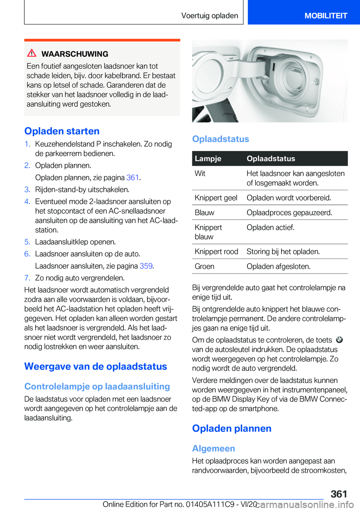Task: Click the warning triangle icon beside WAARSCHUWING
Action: point(32,53)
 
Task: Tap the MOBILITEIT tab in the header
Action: point(325,15)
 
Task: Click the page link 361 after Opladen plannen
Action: point(133,177)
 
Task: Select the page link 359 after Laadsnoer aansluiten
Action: point(146,266)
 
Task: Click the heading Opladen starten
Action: point(62,131)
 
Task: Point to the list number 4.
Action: point(27,201)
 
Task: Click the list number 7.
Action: point(27,278)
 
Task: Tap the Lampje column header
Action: point(208,158)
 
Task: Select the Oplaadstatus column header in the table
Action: point(271,158)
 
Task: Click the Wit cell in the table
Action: point(200,173)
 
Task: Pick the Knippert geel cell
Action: point(216,198)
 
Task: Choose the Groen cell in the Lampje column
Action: point(205,266)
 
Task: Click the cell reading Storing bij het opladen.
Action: point(283,251)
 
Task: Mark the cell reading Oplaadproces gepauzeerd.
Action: point(289,212)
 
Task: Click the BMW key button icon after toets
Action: point(339,340)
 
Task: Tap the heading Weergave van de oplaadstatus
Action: point(96,366)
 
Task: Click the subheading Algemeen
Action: point(213,448)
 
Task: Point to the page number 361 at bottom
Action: point(339,494)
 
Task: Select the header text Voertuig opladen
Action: point(210,15)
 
